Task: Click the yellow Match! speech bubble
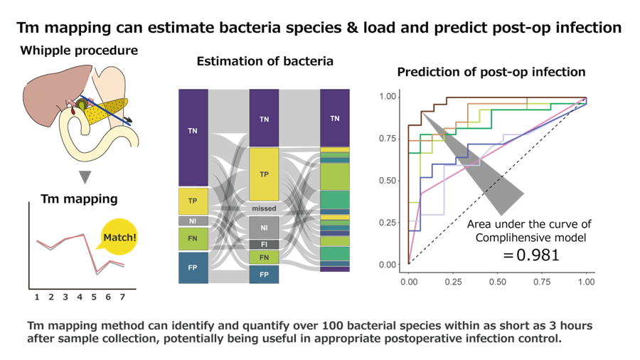click(118, 238)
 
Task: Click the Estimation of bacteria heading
click(265, 61)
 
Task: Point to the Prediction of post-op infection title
click(491, 72)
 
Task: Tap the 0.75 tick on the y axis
click(387, 138)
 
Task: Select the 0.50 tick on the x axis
click(497, 282)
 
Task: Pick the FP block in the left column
click(192, 268)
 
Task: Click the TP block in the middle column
click(264, 174)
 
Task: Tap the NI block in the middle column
click(264, 228)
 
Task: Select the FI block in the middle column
click(264, 245)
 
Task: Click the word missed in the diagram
click(264, 208)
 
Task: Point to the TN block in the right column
click(334, 118)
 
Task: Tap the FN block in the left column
click(192, 239)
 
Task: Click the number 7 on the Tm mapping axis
click(122, 296)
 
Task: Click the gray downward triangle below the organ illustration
click(85, 176)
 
